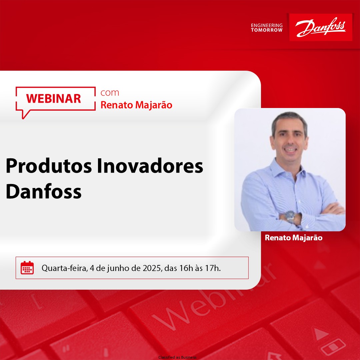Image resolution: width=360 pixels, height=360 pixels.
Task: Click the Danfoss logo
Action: (321, 27)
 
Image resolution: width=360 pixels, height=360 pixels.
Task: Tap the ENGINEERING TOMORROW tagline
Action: (267, 28)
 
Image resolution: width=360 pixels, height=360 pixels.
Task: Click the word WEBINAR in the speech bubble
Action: (54, 98)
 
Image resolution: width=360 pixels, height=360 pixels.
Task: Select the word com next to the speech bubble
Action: (110, 92)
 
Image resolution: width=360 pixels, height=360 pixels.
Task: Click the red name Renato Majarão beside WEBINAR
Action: (136, 105)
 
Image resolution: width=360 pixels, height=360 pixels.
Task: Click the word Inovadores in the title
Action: (150, 166)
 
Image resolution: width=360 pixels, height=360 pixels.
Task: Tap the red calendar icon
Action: (27, 268)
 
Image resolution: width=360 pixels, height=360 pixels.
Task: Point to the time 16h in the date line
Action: (185, 268)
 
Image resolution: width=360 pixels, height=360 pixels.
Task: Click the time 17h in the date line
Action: (212, 268)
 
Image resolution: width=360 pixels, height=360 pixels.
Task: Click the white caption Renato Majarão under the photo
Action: (293, 238)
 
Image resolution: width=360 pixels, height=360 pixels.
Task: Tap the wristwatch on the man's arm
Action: (291, 216)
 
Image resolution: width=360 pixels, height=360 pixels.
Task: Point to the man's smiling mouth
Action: (290, 150)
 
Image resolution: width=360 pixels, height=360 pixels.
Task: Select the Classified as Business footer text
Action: (177, 357)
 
